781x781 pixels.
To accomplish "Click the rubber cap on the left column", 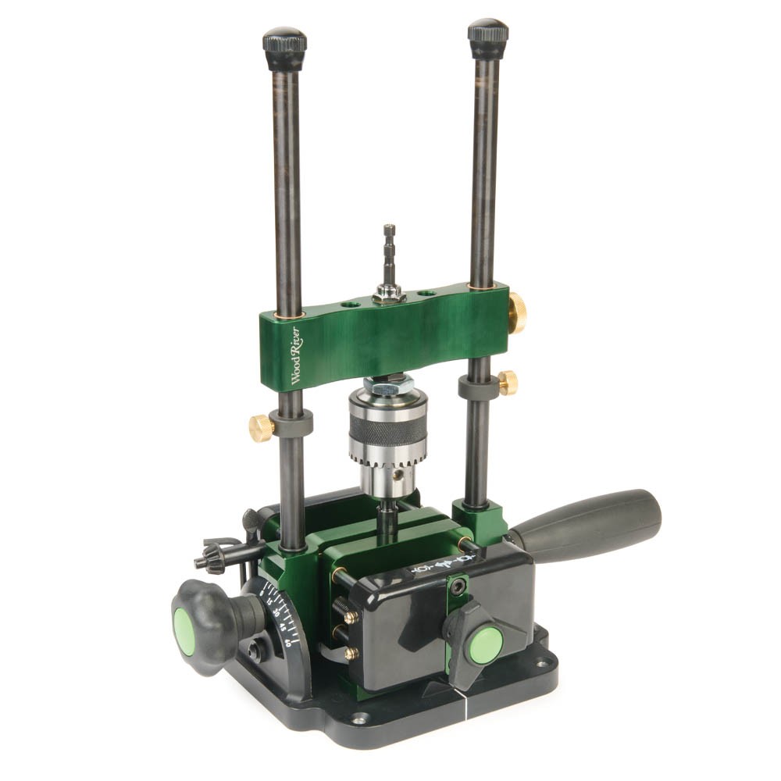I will [284, 49].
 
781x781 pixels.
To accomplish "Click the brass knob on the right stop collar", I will [508, 383].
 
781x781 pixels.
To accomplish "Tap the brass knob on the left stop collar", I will [261, 426].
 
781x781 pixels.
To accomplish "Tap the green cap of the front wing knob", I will [485, 645].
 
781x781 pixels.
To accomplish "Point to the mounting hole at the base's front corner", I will [360, 718].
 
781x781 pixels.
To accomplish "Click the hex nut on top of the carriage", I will [388, 294].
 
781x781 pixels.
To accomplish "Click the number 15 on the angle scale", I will [270, 601].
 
